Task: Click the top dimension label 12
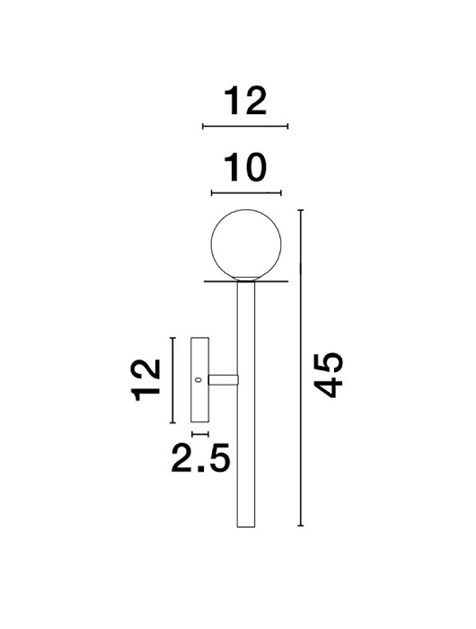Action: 245,101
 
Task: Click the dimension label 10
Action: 245,167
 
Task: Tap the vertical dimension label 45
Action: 329,375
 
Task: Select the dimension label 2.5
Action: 200,457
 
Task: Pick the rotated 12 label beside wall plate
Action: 146,380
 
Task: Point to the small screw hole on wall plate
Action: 197,379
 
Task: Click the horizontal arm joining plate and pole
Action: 224,379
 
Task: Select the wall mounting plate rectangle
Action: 199,380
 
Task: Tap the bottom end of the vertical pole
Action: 246,527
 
